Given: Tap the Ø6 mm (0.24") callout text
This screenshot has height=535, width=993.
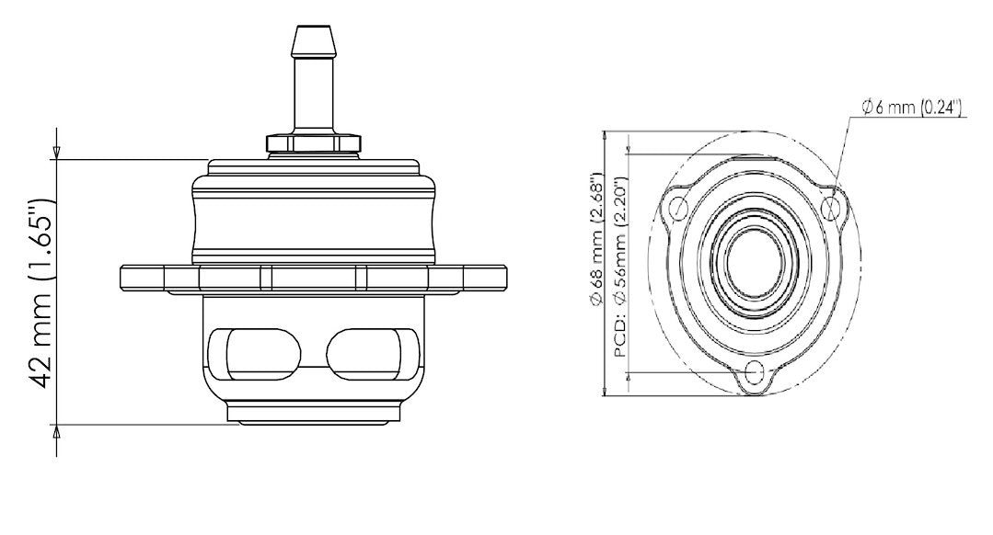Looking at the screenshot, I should click(x=911, y=108).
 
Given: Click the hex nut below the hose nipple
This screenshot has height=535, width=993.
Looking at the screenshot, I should click(x=311, y=142).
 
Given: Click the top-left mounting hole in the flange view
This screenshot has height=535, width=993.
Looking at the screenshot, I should click(x=678, y=208).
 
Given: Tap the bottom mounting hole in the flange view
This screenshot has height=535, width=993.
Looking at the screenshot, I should click(x=756, y=372).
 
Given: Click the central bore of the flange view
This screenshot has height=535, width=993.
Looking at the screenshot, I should click(x=756, y=260).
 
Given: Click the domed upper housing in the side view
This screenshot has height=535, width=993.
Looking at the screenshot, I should click(x=312, y=211).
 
